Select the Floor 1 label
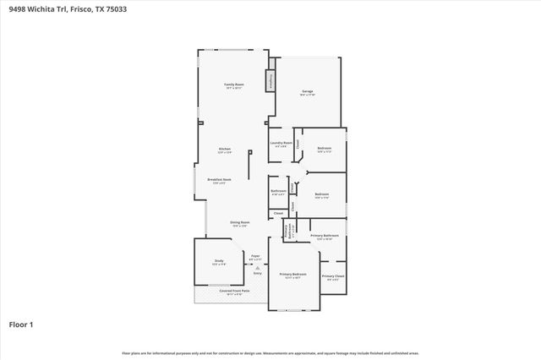tap(21, 324)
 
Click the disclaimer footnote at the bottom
tap(270, 352)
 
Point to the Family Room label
tap(234, 85)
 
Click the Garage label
tap(308, 91)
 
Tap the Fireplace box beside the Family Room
tap(271, 80)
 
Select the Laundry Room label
tap(281, 143)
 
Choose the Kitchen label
tap(225, 150)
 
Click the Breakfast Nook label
tap(220, 180)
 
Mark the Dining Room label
tap(239, 223)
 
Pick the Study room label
tap(218, 261)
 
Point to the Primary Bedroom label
tap(292, 275)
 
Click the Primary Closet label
tap(333, 275)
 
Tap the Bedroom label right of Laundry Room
tap(325, 149)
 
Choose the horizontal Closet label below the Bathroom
tap(278, 214)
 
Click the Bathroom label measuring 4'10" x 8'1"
tap(279, 191)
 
